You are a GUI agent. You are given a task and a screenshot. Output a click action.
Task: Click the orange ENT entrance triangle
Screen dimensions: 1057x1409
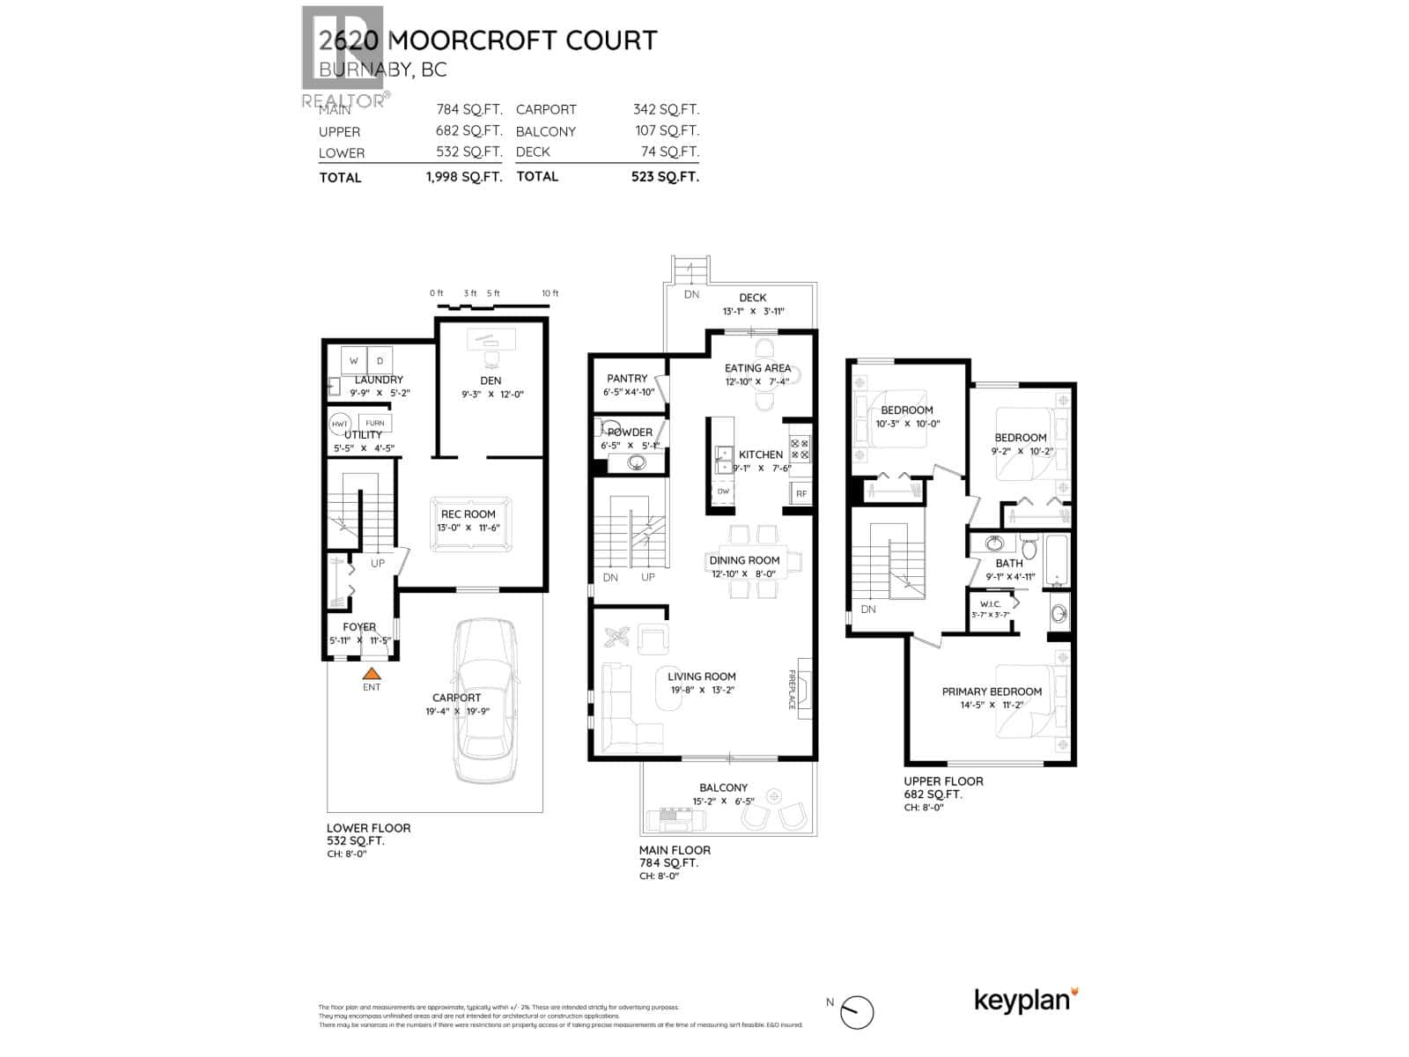(372, 672)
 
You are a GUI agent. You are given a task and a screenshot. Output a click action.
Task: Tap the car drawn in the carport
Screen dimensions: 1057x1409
(483, 700)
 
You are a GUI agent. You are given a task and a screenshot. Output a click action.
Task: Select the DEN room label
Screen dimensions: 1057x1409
(491, 381)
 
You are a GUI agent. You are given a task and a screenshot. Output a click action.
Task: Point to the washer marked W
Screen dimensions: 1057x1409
(354, 360)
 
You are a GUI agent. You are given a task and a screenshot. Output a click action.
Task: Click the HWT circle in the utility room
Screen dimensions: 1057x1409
(340, 424)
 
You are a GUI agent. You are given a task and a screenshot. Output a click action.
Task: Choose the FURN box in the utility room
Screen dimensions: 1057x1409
(375, 423)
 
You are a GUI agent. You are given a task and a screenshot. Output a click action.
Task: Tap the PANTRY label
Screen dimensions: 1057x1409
(627, 378)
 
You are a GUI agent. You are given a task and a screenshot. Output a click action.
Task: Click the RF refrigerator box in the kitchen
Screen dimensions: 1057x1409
(800, 494)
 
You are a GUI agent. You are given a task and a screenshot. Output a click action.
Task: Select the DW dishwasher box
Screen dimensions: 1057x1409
(723, 492)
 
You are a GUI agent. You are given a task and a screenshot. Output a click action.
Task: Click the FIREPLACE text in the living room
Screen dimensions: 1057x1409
(791, 689)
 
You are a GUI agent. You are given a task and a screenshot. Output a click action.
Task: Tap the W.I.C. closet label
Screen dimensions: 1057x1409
(990, 603)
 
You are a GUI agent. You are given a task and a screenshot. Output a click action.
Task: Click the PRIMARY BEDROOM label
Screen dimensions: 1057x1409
(992, 691)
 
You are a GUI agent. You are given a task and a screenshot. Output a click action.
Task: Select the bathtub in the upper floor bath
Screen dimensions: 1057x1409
(1058, 560)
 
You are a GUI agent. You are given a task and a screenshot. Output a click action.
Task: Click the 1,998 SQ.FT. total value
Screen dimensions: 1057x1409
(464, 176)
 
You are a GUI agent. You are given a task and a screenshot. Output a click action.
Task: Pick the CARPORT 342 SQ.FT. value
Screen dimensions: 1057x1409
(666, 109)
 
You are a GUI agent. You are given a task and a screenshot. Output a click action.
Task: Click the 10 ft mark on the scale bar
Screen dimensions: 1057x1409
(550, 293)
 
